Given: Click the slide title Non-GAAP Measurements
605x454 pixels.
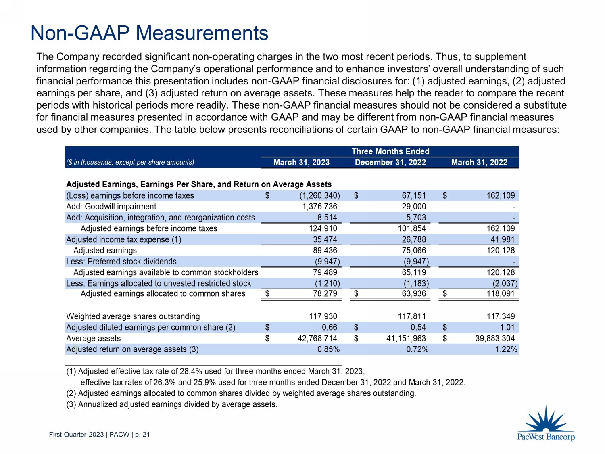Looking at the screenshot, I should (x=149, y=33).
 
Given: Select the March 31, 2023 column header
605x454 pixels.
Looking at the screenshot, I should (x=301, y=162).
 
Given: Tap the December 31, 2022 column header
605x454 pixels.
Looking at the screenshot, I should (x=390, y=162).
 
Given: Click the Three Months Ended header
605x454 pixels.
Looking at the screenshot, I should (x=390, y=151).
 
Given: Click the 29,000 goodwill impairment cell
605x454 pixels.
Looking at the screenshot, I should (x=414, y=207).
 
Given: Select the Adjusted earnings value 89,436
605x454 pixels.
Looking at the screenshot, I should (x=325, y=251).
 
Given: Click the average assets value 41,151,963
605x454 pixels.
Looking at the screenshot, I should (x=406, y=338).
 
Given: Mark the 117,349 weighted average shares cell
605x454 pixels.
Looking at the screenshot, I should (x=501, y=316).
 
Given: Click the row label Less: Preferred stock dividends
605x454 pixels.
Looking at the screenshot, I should (x=121, y=262).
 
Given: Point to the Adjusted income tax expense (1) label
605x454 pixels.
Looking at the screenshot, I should (x=123, y=240).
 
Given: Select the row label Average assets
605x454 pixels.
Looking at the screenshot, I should (x=93, y=338).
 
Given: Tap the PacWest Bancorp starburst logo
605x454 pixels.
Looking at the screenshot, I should (x=546, y=420).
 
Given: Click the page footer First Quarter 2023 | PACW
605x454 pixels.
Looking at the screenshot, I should (x=99, y=435).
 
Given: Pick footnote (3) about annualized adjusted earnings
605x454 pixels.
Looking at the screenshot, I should (x=171, y=404).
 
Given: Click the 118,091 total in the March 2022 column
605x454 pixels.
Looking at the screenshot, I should (x=501, y=293).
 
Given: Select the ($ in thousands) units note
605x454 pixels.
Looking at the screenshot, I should (x=130, y=162).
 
